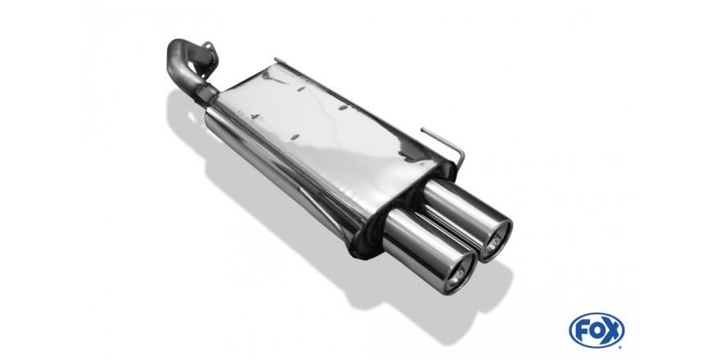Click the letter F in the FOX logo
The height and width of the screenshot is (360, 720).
pyautogui.click(x=581, y=331)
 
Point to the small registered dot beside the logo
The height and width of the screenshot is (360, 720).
pyautogui.click(x=622, y=346)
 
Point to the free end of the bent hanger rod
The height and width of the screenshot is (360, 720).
pyautogui.click(x=422, y=129)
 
